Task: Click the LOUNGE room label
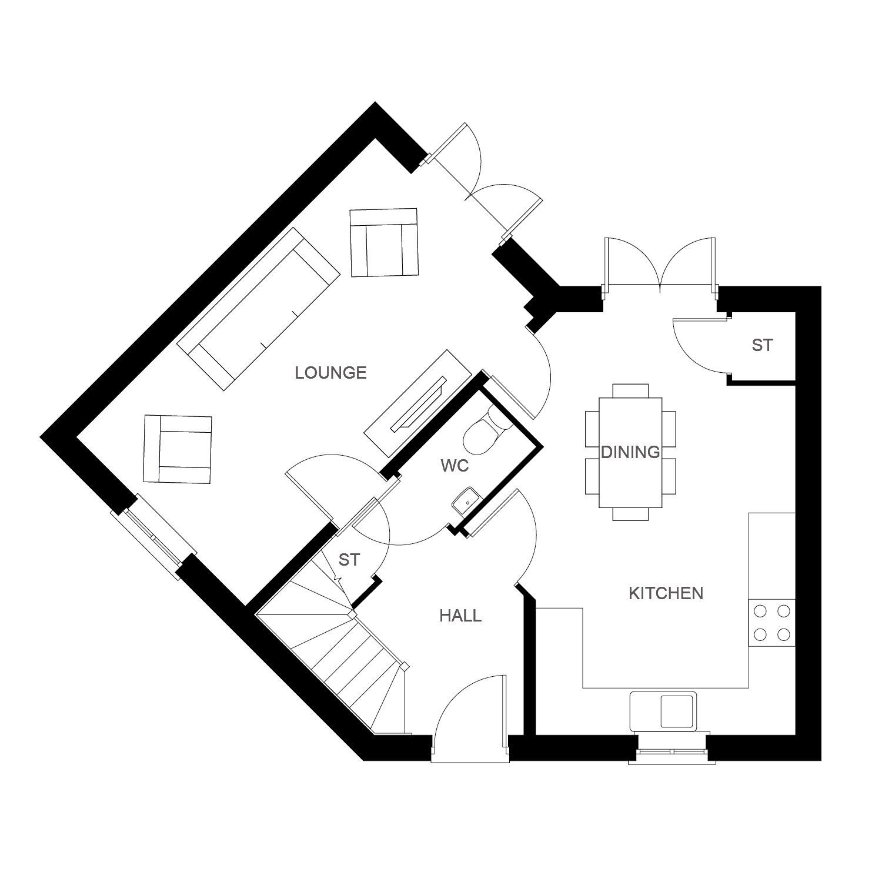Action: pyautogui.click(x=331, y=373)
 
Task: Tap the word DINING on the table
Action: pyautogui.click(x=630, y=452)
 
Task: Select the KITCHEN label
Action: pyautogui.click(x=666, y=593)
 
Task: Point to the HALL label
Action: pyautogui.click(x=461, y=616)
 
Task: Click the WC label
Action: pyautogui.click(x=455, y=466)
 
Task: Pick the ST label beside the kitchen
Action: pyautogui.click(x=762, y=345)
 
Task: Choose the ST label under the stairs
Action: pyautogui.click(x=349, y=560)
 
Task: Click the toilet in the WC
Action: pyautogui.click(x=484, y=433)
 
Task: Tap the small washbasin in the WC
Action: pyautogui.click(x=466, y=502)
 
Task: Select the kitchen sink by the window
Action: pyautogui.click(x=663, y=711)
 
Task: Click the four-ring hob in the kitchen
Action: pyautogui.click(x=771, y=623)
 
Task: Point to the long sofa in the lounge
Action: pyautogui.click(x=259, y=309)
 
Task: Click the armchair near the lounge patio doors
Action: pyautogui.click(x=383, y=242)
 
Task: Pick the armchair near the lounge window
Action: pyautogui.click(x=178, y=450)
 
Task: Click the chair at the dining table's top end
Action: pyautogui.click(x=630, y=390)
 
